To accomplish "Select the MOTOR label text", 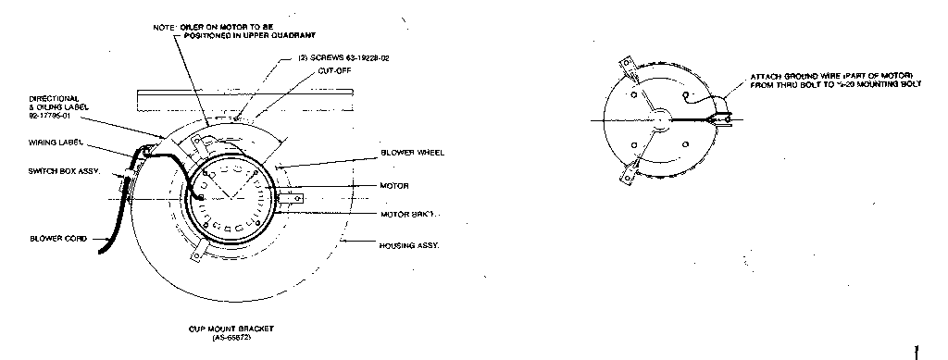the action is point(394,185).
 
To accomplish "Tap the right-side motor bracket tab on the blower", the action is point(296,198).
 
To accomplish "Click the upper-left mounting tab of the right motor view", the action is point(625,65).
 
